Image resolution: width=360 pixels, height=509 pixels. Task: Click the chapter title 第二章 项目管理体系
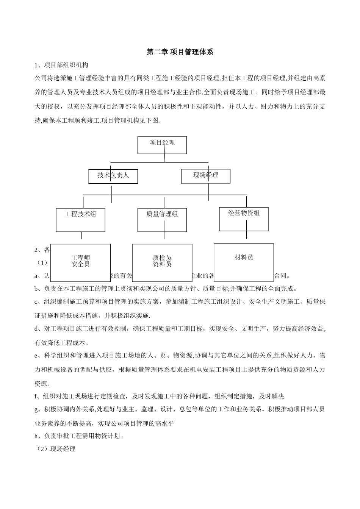(x=180, y=52)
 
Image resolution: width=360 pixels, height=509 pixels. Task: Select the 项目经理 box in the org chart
(x=162, y=145)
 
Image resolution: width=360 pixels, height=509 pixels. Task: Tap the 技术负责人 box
(x=113, y=176)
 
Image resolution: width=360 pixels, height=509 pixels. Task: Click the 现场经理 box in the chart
(x=205, y=176)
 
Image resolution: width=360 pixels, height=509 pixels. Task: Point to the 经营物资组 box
(x=244, y=219)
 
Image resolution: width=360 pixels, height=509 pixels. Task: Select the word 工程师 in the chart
(x=81, y=258)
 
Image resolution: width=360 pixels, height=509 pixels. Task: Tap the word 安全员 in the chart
(x=81, y=264)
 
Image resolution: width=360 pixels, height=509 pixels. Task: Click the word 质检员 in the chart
(x=162, y=258)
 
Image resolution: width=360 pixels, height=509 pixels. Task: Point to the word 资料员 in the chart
(x=162, y=264)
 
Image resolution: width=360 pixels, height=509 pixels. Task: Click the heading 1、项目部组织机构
(x=61, y=65)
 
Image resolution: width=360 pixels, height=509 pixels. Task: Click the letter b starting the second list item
(x=36, y=289)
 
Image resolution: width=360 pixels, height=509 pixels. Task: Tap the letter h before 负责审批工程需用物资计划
(x=36, y=436)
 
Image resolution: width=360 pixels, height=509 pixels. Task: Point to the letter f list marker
(x=36, y=397)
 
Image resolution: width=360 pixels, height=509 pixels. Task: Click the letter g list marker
(x=36, y=409)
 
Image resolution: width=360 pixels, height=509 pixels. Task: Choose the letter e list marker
(x=36, y=356)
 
